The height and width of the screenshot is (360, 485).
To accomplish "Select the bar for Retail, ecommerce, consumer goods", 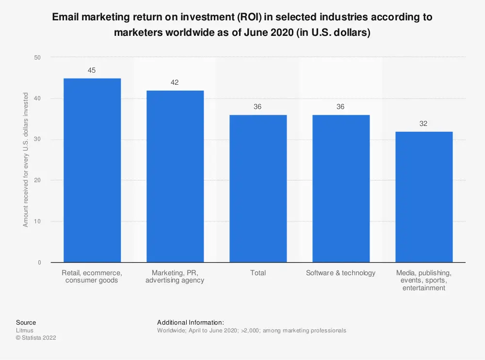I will point(92,170).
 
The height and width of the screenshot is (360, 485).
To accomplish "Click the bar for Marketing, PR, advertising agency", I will point(175,176).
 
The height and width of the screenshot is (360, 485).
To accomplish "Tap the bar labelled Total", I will point(258,188).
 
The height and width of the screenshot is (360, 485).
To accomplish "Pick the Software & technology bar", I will point(341,188).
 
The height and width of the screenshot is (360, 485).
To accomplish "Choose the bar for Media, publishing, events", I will point(424,197).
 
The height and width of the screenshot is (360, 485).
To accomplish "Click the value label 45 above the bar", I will point(92,70).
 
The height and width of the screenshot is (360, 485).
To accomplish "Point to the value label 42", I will point(175,82).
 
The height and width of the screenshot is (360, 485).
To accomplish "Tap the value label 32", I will point(423,124).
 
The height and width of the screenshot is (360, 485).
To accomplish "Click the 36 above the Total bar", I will point(258,107).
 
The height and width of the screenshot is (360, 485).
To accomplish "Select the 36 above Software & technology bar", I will point(340,107).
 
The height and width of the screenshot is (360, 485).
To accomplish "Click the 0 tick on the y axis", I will point(39,263).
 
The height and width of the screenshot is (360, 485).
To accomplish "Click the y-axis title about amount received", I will point(26,160).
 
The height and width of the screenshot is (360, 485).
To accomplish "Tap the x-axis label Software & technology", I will point(340,273).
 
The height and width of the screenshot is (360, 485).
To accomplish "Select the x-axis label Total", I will point(258,273).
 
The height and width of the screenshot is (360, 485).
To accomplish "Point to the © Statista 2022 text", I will point(36,338).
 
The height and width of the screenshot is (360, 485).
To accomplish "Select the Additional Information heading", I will point(191,322).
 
